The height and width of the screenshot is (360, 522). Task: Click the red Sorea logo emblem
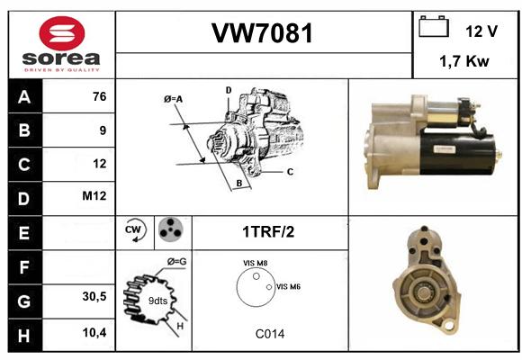pyautogui.click(x=62, y=33)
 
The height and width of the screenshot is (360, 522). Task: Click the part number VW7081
pyautogui.click(x=262, y=33)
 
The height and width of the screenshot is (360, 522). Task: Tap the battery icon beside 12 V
pyautogui.click(x=434, y=26)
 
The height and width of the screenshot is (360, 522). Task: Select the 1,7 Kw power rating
pyautogui.click(x=464, y=61)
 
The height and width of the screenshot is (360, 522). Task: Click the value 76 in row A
pyautogui.click(x=100, y=96)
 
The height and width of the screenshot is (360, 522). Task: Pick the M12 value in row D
pyautogui.click(x=94, y=196)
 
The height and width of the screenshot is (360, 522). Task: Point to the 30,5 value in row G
pyautogui.click(x=94, y=296)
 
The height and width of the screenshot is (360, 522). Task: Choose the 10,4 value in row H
pyautogui.click(x=94, y=332)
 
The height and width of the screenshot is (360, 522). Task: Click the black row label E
pyautogui.click(x=25, y=233)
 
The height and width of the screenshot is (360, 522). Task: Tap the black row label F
pyautogui.click(x=25, y=267)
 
